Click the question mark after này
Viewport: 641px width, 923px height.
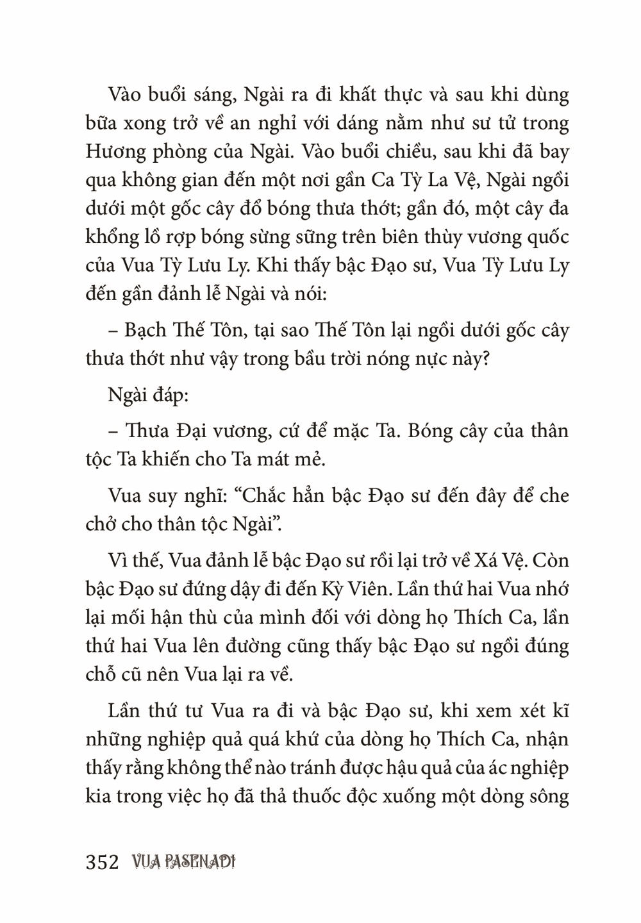click(485, 359)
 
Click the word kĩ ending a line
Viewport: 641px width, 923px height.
click(559, 711)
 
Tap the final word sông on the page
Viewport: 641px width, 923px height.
click(547, 797)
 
